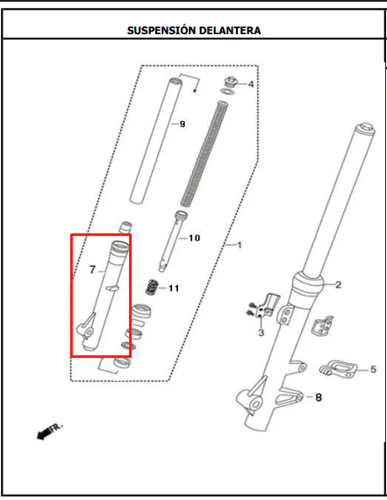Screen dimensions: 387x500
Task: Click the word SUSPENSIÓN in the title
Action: click(161, 31)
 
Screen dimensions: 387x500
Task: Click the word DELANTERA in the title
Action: click(230, 31)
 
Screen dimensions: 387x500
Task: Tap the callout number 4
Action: click(251, 84)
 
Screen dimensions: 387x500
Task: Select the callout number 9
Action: click(183, 124)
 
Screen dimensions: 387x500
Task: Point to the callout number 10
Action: click(194, 238)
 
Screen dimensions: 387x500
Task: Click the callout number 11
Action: click(174, 289)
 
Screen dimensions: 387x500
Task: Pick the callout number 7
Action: click(92, 270)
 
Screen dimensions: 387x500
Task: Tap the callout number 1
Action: click(240, 245)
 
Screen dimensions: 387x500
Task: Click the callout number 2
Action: click(339, 284)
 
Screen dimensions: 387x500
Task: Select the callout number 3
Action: click(262, 332)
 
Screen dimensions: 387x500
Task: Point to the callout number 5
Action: click(373, 369)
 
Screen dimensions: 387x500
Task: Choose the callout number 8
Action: click(319, 397)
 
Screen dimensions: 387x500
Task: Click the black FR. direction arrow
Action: click(45, 433)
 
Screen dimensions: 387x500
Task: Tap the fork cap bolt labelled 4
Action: click(230, 82)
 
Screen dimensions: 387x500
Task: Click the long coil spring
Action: click(204, 154)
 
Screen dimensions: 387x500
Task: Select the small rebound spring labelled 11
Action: click(152, 287)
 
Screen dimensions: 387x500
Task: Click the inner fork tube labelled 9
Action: click(156, 140)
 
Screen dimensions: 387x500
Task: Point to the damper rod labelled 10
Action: click(173, 241)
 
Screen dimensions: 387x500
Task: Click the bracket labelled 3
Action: click(268, 305)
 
